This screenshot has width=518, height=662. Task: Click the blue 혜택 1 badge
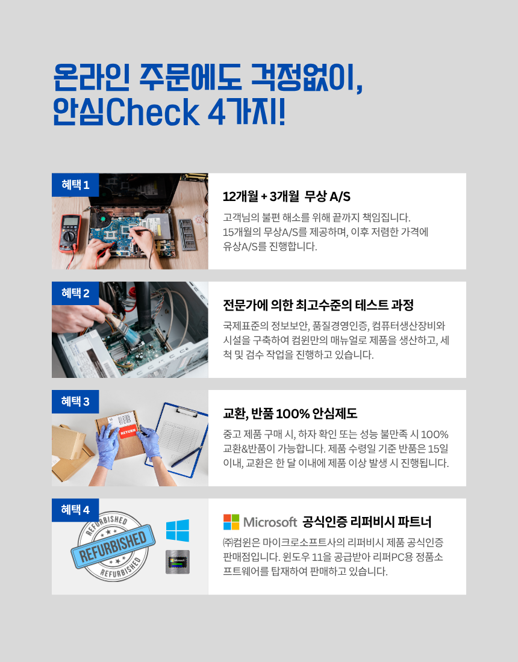pos(75,185)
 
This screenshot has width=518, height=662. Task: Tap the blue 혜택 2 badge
pos(75,293)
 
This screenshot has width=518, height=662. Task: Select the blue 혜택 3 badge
pos(75,401)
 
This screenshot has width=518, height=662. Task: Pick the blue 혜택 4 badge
pos(75,510)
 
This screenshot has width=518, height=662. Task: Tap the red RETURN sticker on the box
pos(128,432)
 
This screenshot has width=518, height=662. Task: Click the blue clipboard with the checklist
pos(178,439)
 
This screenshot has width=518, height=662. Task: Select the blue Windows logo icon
pos(178,530)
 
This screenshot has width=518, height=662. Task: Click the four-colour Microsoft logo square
pos(231,522)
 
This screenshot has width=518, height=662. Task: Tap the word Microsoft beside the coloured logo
pos(270,522)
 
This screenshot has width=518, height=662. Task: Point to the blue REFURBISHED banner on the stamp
pos(113,546)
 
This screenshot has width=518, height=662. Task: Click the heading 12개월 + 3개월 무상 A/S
pos(287,196)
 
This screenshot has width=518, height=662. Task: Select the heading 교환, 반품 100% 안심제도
pos(290,413)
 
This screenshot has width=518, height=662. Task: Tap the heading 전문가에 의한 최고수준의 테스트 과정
pos(318,305)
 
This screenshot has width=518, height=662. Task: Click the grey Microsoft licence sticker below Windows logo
pos(178,562)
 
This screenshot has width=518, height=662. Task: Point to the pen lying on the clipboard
pos(187,457)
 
